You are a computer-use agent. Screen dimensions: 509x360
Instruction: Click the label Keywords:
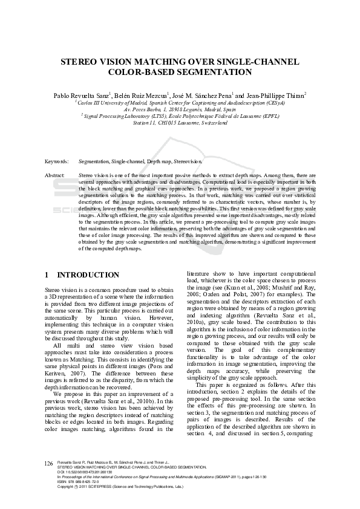click(x=56, y=162)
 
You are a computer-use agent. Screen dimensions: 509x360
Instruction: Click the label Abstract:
click(x=55, y=175)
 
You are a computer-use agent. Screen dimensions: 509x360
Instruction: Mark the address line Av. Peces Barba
click(x=180, y=109)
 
